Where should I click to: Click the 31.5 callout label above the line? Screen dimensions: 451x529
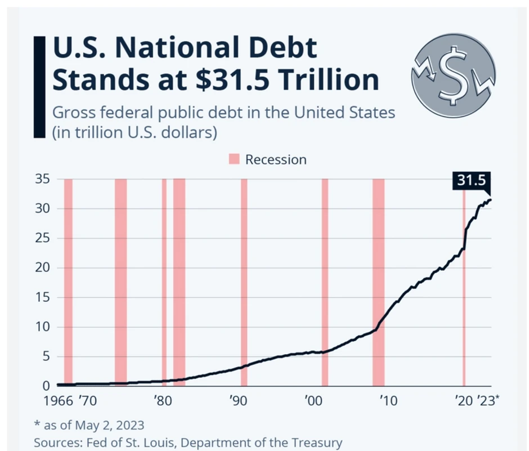471,180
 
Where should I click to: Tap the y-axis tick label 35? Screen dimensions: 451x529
43,180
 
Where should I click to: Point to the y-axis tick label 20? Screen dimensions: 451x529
43,268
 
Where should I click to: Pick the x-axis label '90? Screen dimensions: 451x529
239,401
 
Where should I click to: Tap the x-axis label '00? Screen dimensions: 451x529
312,401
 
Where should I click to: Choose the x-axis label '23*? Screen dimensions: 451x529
488,401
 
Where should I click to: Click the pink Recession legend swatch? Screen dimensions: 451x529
234,159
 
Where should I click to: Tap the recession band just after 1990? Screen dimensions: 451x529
244,282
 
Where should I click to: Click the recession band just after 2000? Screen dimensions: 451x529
325,282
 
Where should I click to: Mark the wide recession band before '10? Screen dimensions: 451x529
378,282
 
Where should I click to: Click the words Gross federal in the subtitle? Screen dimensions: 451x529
91,112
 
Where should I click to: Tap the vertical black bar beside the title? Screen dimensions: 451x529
39,87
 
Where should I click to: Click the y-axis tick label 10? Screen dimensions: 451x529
43,327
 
